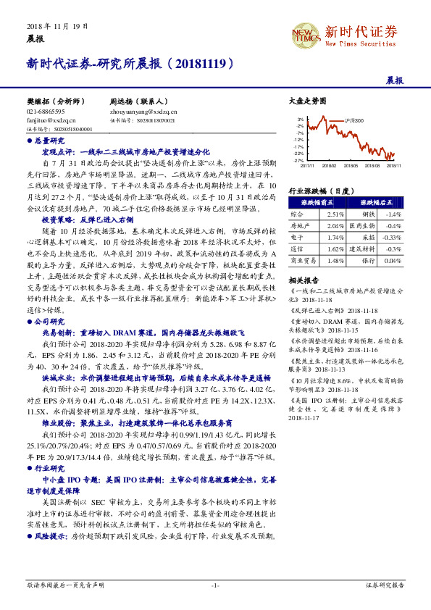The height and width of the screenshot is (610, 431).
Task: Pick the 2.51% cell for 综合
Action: tap(335, 215)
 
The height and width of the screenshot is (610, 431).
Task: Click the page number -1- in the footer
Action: tap(215, 584)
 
